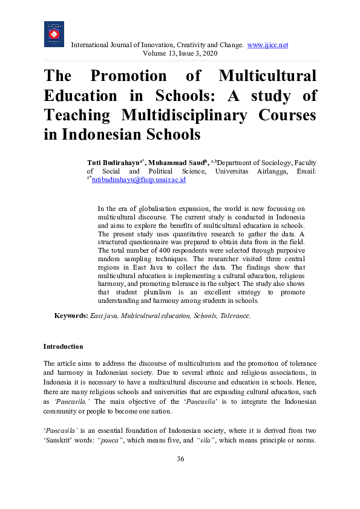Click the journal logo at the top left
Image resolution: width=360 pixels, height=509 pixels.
pyautogui.click(x=54, y=34)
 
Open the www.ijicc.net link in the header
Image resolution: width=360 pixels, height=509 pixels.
pyautogui.click(x=267, y=45)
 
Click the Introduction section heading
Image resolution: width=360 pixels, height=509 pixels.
pyautogui.click(x=63, y=346)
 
